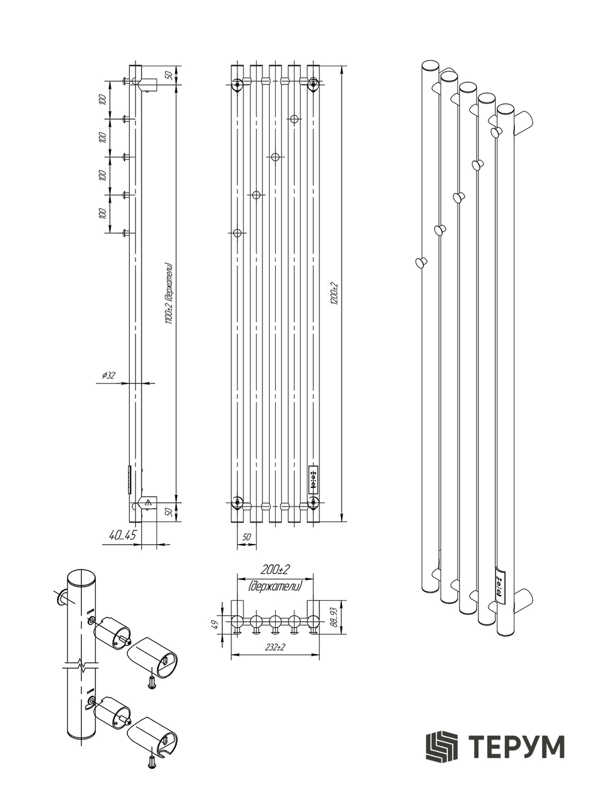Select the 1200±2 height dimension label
click(x=334, y=294)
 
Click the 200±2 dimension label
click(x=275, y=570)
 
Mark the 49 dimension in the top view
click(x=215, y=625)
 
